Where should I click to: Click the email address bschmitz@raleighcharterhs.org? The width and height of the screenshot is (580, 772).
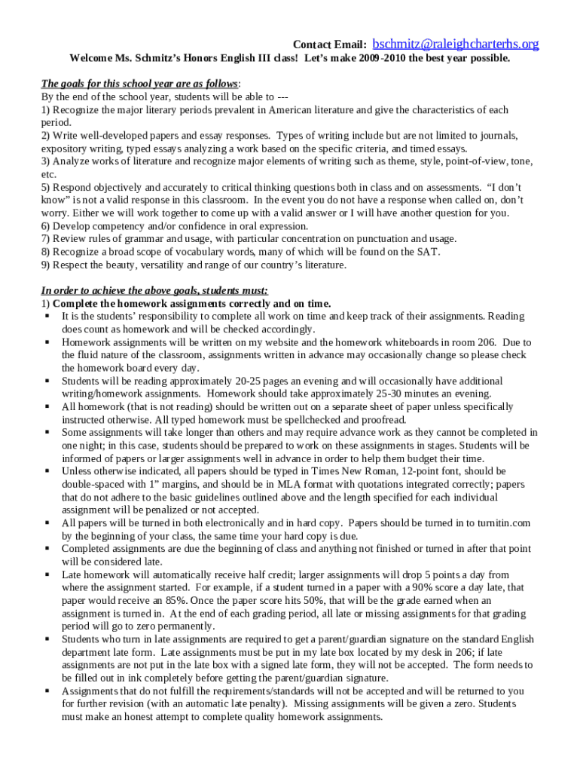[456, 44]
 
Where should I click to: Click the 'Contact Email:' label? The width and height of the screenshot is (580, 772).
[329, 45]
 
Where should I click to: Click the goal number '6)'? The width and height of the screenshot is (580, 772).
[45, 226]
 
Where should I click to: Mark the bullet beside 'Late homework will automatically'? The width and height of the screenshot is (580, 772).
[47, 574]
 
